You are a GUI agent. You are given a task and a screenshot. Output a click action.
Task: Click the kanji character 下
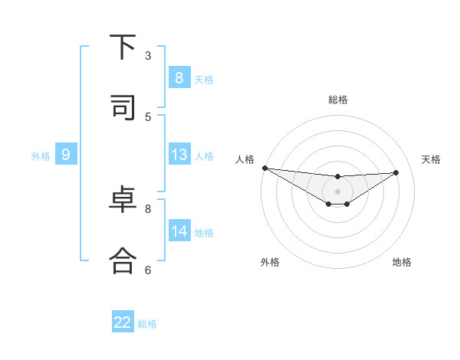tap(123, 47)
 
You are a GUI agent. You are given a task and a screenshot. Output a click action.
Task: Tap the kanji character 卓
tap(123, 201)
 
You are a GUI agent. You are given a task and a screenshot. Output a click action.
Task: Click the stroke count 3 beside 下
tap(148, 55)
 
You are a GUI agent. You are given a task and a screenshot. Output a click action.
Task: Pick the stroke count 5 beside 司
tap(148, 116)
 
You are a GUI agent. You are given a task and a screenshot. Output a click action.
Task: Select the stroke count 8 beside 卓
tap(148, 208)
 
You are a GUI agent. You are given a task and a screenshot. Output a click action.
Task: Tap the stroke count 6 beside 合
tap(148, 270)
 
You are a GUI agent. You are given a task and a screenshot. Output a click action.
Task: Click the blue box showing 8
tap(179, 77)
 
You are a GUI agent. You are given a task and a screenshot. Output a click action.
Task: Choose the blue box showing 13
tap(179, 155)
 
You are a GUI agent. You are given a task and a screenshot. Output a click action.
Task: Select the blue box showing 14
tap(179, 231)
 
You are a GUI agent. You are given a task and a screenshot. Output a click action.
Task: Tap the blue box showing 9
tap(66, 155)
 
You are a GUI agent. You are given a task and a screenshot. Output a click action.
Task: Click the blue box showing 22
tap(123, 322)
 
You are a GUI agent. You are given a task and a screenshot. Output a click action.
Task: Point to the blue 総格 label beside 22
tap(147, 324)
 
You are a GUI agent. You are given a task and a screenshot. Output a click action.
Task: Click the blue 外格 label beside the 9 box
tap(41, 156)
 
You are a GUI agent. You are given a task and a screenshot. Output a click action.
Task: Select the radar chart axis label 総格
tap(338, 100)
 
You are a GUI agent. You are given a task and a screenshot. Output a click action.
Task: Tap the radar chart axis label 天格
tap(431, 159)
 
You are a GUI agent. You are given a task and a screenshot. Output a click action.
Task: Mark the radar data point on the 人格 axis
tap(264, 168)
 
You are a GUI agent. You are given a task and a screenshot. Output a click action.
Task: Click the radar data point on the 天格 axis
tap(396, 172)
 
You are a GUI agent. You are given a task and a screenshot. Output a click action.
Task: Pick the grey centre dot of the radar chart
tap(337, 191)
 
